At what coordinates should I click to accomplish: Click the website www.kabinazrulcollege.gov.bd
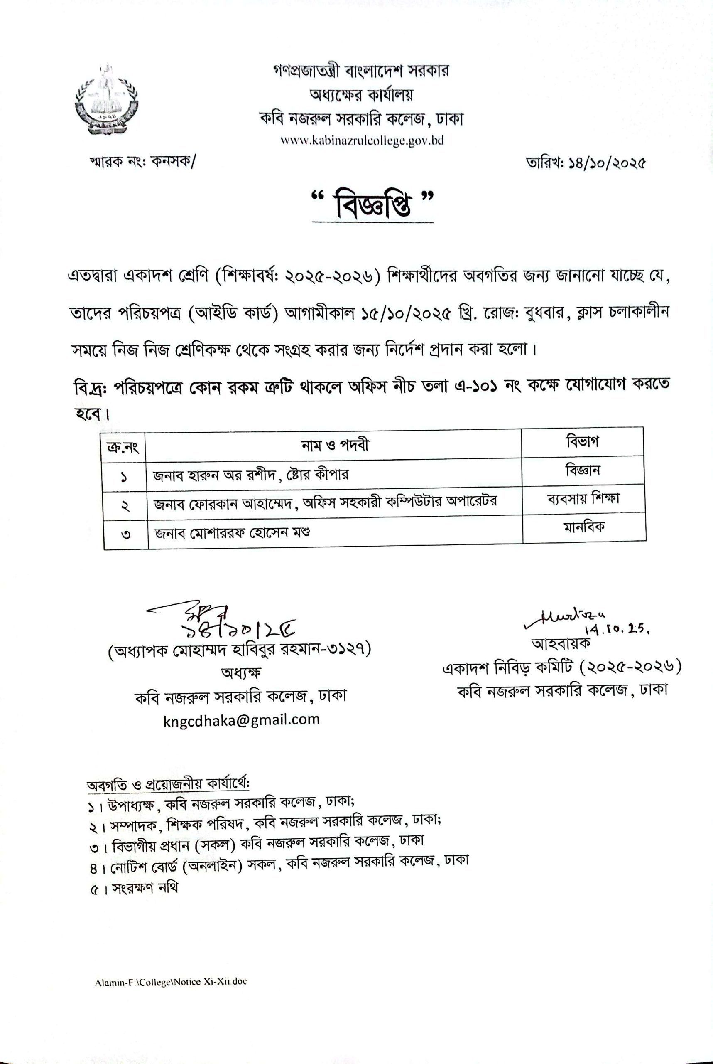coord(362,140)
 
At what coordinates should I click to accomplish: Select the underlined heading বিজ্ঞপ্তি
coord(372,207)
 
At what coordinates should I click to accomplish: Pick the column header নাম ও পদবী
coord(335,445)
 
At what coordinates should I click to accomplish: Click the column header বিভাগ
coord(583,441)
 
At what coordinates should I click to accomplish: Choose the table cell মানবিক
coord(584,527)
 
